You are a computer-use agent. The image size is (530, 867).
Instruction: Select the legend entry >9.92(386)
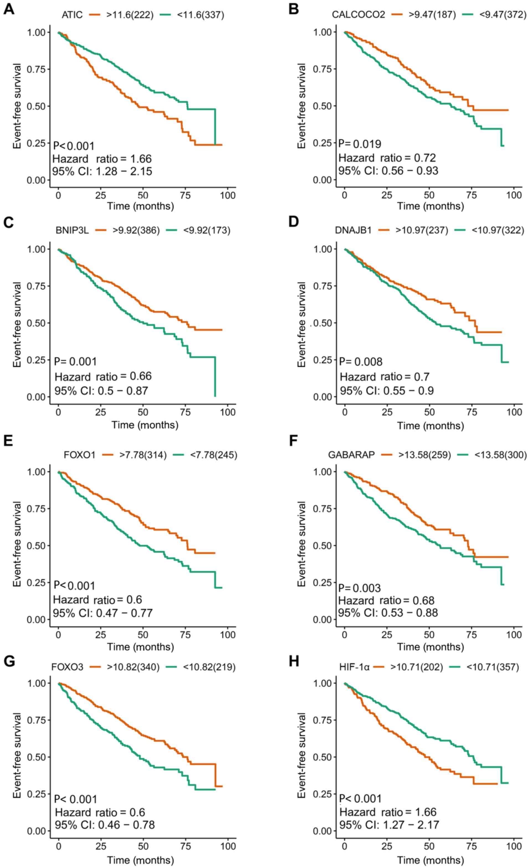[x=136, y=231]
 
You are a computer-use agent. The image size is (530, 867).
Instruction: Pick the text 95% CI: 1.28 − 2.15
[x=103, y=172]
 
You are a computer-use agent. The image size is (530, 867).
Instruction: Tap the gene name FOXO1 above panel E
[x=81, y=455]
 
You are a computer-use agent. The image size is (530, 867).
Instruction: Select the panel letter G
[x=9, y=661]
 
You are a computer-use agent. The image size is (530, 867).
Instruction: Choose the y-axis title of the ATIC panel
[x=17, y=106]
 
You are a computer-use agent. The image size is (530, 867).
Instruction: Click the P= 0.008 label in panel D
[x=361, y=362]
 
